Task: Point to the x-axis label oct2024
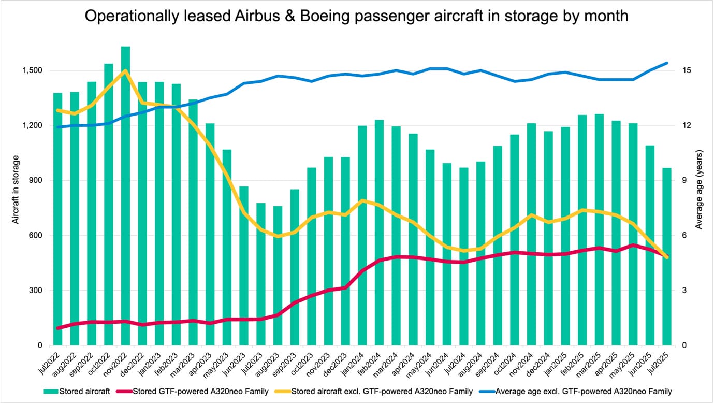coord(511,362)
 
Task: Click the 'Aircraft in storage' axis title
coord(16,190)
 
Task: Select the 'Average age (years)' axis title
coord(699,190)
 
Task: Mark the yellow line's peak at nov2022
coord(125,71)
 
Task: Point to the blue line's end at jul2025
coord(666,63)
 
